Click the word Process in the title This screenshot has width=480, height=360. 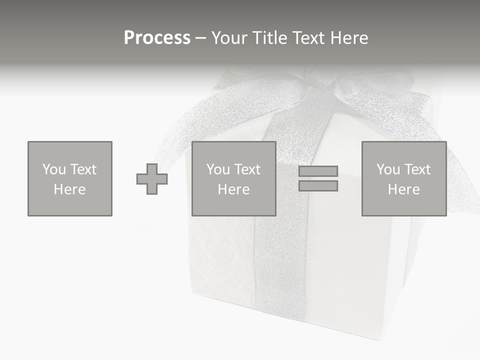157,38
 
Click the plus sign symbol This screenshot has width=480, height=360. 152,179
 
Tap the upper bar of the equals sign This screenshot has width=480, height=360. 318,171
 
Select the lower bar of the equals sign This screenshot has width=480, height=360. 318,185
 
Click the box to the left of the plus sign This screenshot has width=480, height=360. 70,178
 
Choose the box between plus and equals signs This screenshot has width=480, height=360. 233,178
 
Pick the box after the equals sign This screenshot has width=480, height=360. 403,178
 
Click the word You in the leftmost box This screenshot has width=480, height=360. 54,169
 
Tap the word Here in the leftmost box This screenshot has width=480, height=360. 69,189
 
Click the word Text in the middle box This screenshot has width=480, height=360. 247,169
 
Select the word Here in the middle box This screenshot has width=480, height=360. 233,189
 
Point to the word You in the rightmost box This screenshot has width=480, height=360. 388,169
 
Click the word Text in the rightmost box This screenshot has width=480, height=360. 417,169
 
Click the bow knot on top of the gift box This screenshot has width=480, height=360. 320,82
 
